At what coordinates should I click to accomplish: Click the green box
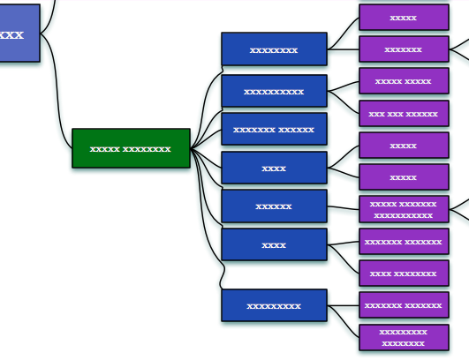(131, 148)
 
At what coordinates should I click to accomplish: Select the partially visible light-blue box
(19, 34)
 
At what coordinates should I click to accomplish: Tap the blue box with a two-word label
(274, 129)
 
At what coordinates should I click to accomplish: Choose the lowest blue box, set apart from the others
(274, 305)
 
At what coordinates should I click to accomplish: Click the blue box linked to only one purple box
(274, 206)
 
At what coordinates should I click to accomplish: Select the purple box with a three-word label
(404, 114)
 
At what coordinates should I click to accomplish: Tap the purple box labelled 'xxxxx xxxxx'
(404, 81)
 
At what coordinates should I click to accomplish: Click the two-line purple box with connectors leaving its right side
(404, 209)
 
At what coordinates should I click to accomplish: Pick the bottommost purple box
(404, 337)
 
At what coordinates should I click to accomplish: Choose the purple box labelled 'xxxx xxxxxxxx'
(404, 273)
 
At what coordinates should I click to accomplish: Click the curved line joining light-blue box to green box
(57, 90)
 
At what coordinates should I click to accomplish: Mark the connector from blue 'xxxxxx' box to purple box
(343, 208)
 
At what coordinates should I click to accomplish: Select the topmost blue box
(274, 49)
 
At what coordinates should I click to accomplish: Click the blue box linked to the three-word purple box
(274, 91)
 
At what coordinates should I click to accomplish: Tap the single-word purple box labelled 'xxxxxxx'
(404, 49)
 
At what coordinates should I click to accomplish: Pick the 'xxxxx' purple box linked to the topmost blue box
(404, 18)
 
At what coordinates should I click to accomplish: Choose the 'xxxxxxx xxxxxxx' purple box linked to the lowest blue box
(404, 305)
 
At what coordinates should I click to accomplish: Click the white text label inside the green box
(131, 149)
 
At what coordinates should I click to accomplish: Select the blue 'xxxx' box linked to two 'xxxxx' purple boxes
(274, 168)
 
